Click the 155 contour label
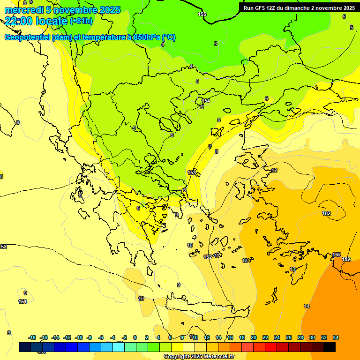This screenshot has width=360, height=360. pyautogui.click(x=202, y=14)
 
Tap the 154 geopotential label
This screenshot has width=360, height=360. pyautogui.click(x=206, y=101)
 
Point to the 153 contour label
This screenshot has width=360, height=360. pyautogui.click(x=192, y=172)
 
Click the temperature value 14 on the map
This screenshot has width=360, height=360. pyautogui.click(x=307, y=306)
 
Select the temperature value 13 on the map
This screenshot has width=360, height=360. pyautogui.click(x=292, y=269)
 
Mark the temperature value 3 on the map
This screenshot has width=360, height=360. pyautogui.click(x=216, y=44)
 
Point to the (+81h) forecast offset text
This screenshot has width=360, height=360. pyautogui.click(x=82, y=21)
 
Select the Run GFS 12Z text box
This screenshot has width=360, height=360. pyautogui.click(x=299, y=8)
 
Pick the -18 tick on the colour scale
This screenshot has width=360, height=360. pyautogui.click(x=32, y=337)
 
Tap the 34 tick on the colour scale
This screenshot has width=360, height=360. pyautogui.click(x=336, y=337)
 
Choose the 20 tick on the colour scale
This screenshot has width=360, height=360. pyautogui.click(x=254, y=337)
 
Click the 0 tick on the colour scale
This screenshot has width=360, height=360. pyautogui.click(x=135, y=337)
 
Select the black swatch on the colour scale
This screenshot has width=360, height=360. pyautogui.click(x=330, y=347)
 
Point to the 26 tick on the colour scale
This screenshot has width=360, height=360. pyautogui.click(x=289, y=337)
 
